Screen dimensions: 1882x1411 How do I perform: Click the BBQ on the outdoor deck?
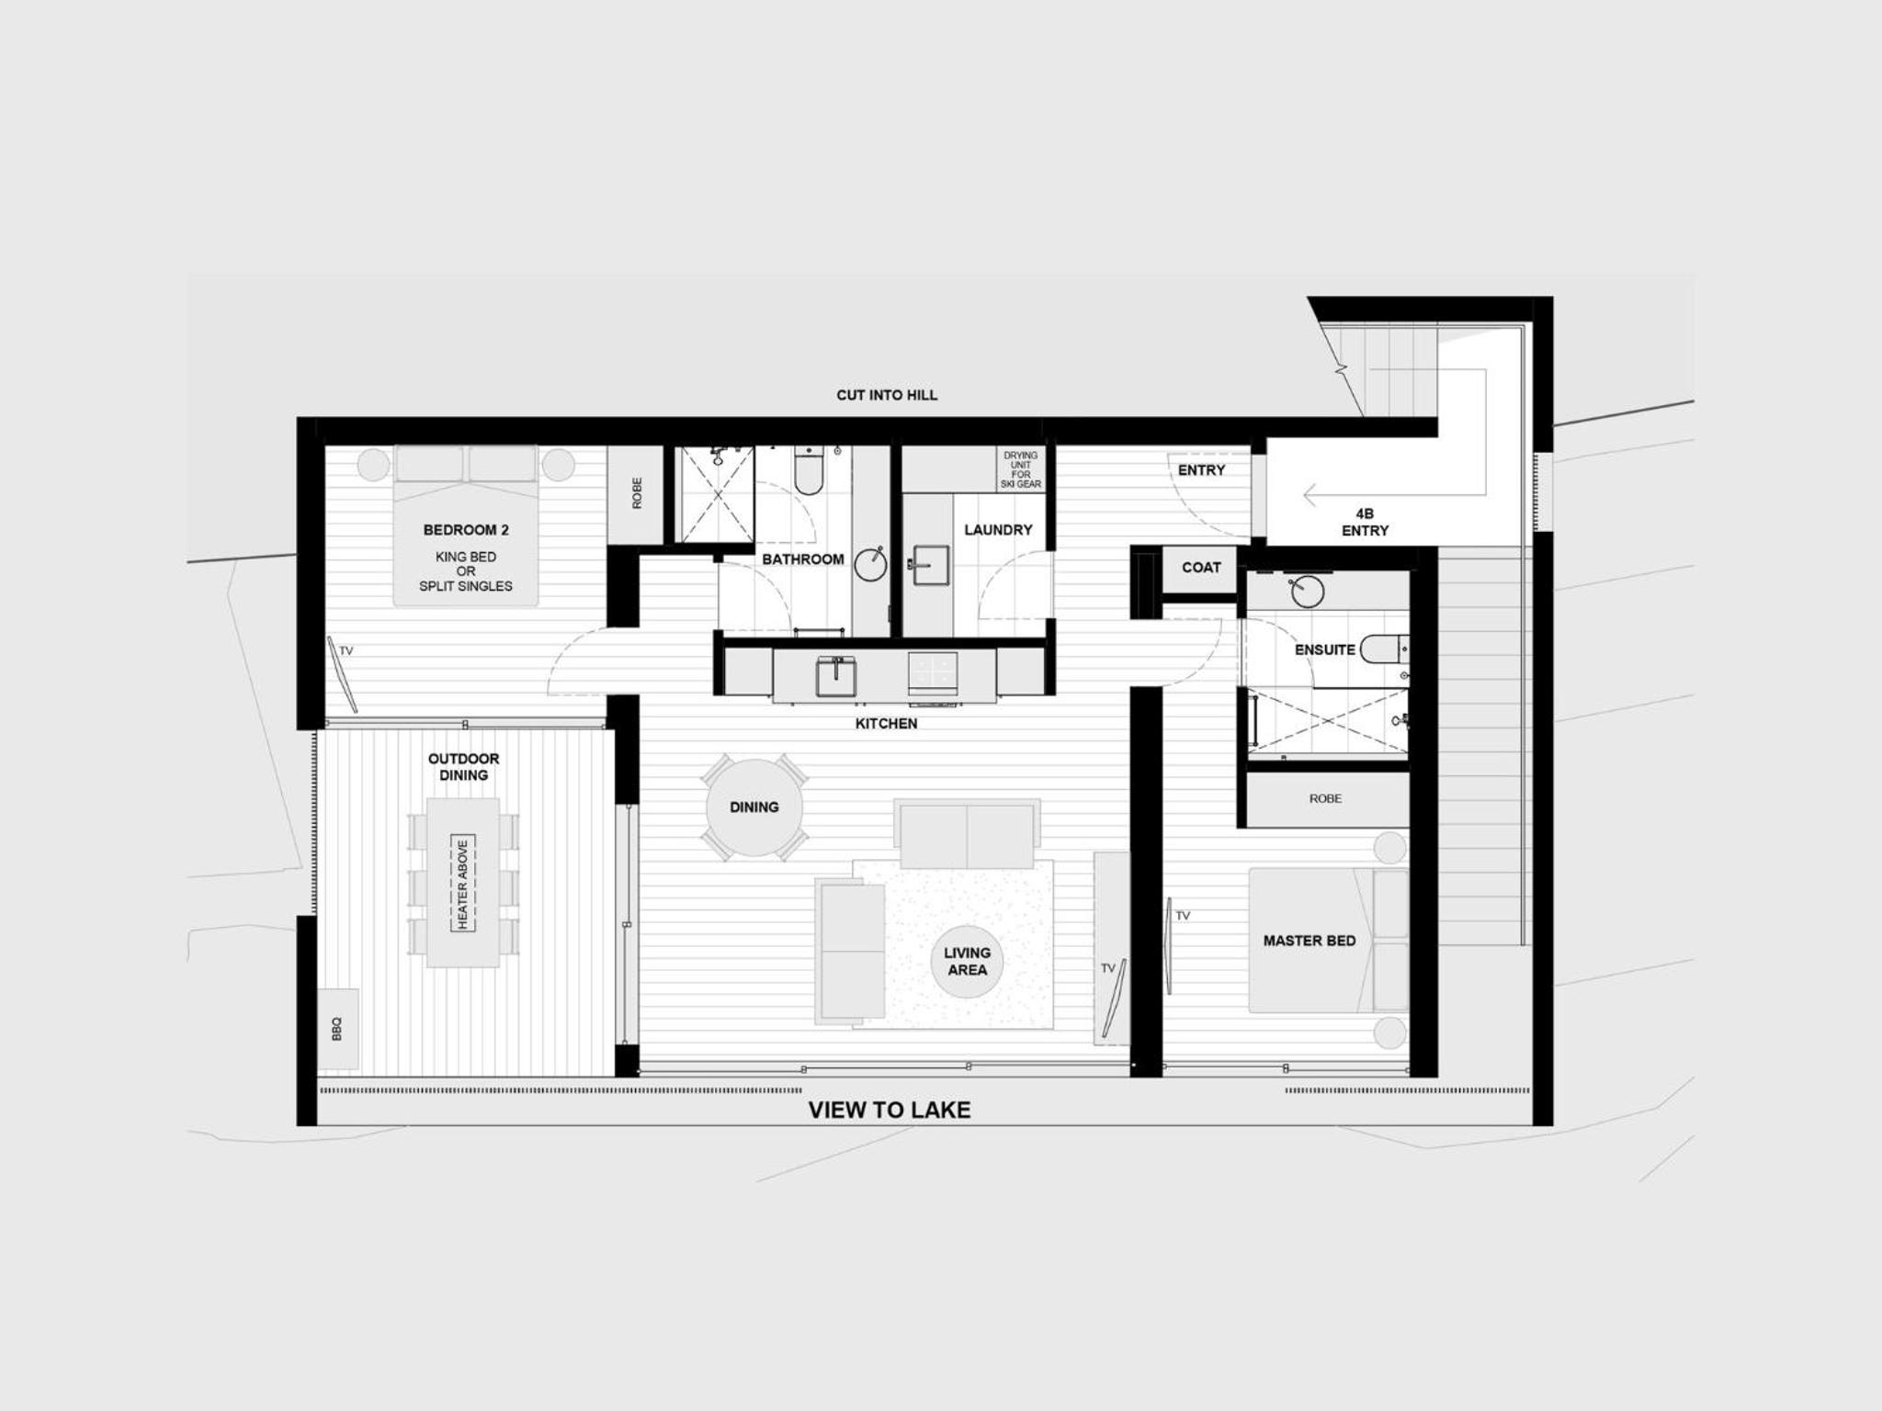tap(337, 1028)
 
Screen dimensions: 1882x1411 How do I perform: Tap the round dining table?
tap(754, 807)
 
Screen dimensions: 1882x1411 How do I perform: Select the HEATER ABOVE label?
tap(462, 884)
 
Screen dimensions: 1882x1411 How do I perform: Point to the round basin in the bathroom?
tap(871, 564)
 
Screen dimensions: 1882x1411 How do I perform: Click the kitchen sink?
tap(836, 677)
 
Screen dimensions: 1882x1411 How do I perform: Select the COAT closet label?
tap(1201, 568)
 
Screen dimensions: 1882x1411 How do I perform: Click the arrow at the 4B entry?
tap(1395, 494)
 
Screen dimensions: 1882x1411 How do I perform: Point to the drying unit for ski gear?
tap(1020, 469)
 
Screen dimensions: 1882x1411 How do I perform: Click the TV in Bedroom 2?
tap(344, 674)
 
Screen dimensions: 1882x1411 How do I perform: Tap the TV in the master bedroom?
tap(1169, 945)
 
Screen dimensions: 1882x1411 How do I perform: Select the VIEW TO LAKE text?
tap(890, 1110)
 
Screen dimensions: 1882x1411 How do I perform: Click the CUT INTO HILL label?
tap(887, 395)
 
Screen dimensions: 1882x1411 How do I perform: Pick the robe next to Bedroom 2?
tap(636, 493)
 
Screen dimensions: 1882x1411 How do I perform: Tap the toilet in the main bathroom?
tap(809, 471)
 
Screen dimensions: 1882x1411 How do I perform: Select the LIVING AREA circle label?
tap(967, 961)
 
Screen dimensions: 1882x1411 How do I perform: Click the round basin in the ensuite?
tap(1307, 592)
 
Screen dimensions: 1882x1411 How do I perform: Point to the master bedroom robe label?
tap(1325, 799)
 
